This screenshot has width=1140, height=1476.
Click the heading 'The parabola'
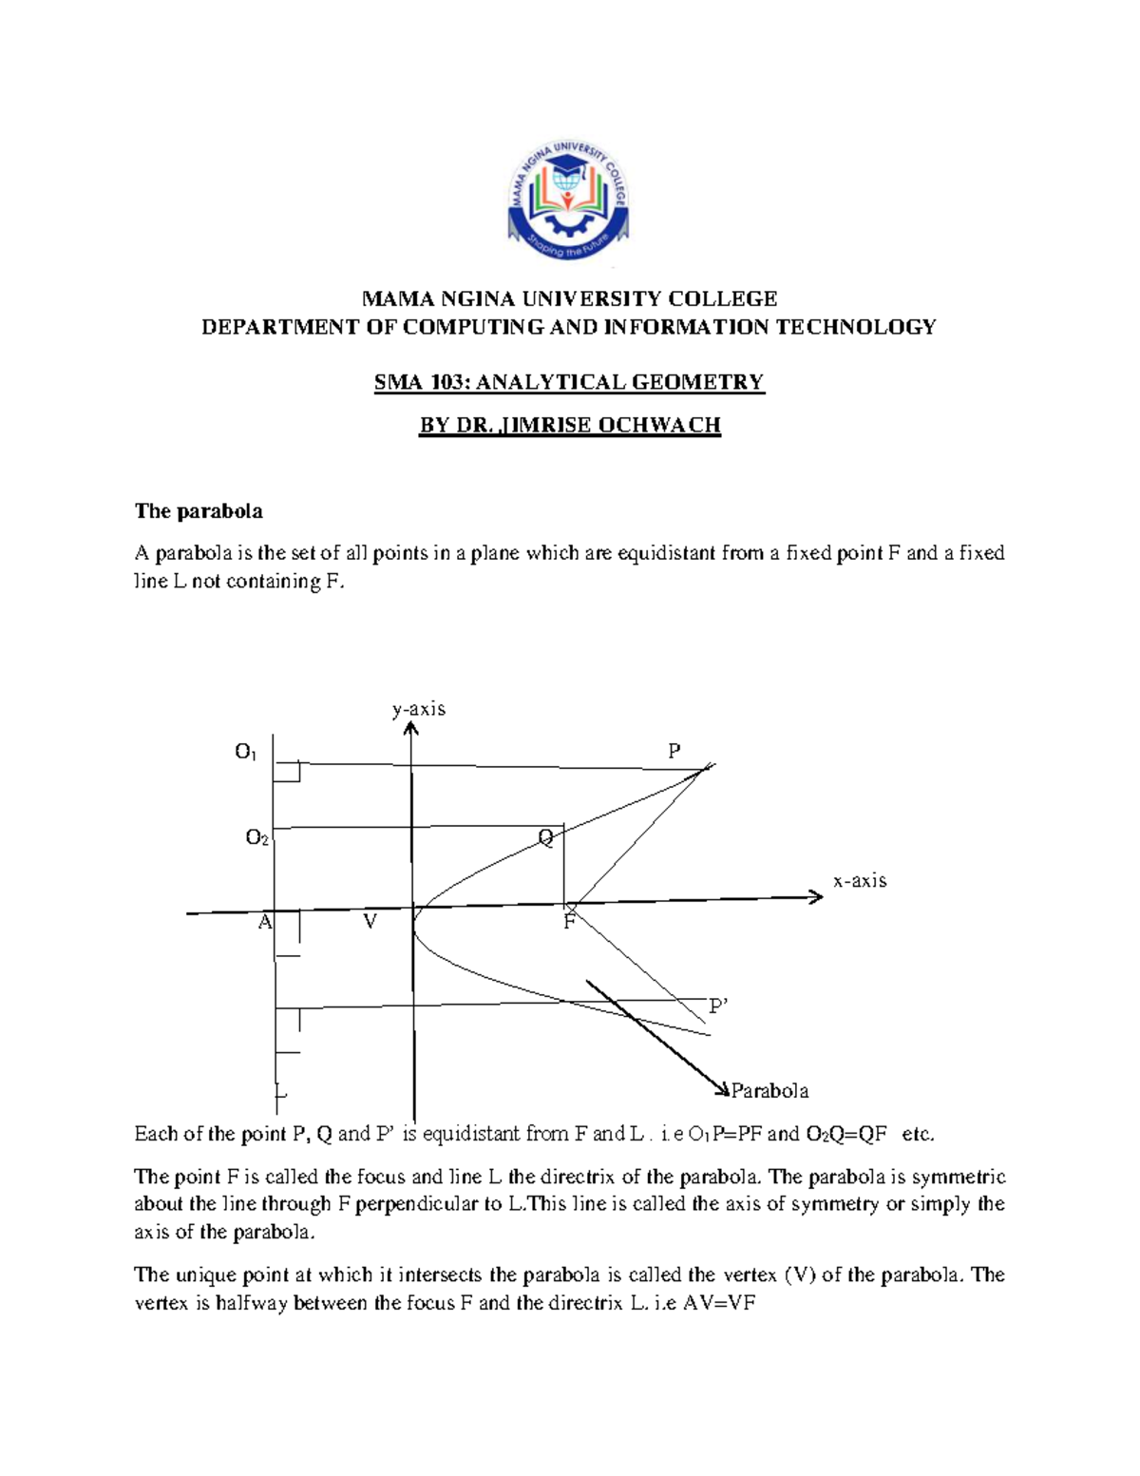tap(199, 511)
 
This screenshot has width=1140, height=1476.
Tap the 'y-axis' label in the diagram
tap(419, 709)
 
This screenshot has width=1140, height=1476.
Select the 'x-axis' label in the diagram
tap(860, 881)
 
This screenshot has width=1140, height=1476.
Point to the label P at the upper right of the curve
tap(674, 752)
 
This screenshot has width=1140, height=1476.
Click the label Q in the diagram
tap(546, 838)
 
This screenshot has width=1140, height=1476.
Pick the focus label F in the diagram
tap(569, 922)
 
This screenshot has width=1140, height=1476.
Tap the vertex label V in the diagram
tap(370, 922)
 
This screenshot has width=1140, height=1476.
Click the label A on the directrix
tap(265, 922)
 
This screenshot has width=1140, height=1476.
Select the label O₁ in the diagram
tap(245, 753)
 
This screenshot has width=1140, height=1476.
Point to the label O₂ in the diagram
tap(256, 838)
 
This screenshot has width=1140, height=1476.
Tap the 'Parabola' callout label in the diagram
tap(769, 1091)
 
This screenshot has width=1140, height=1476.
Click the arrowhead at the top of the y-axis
tap(410, 729)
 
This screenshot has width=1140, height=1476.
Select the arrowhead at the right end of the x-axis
tap(815, 896)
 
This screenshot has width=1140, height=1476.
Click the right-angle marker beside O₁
tap(288, 771)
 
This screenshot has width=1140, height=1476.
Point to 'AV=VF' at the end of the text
tap(718, 1304)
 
